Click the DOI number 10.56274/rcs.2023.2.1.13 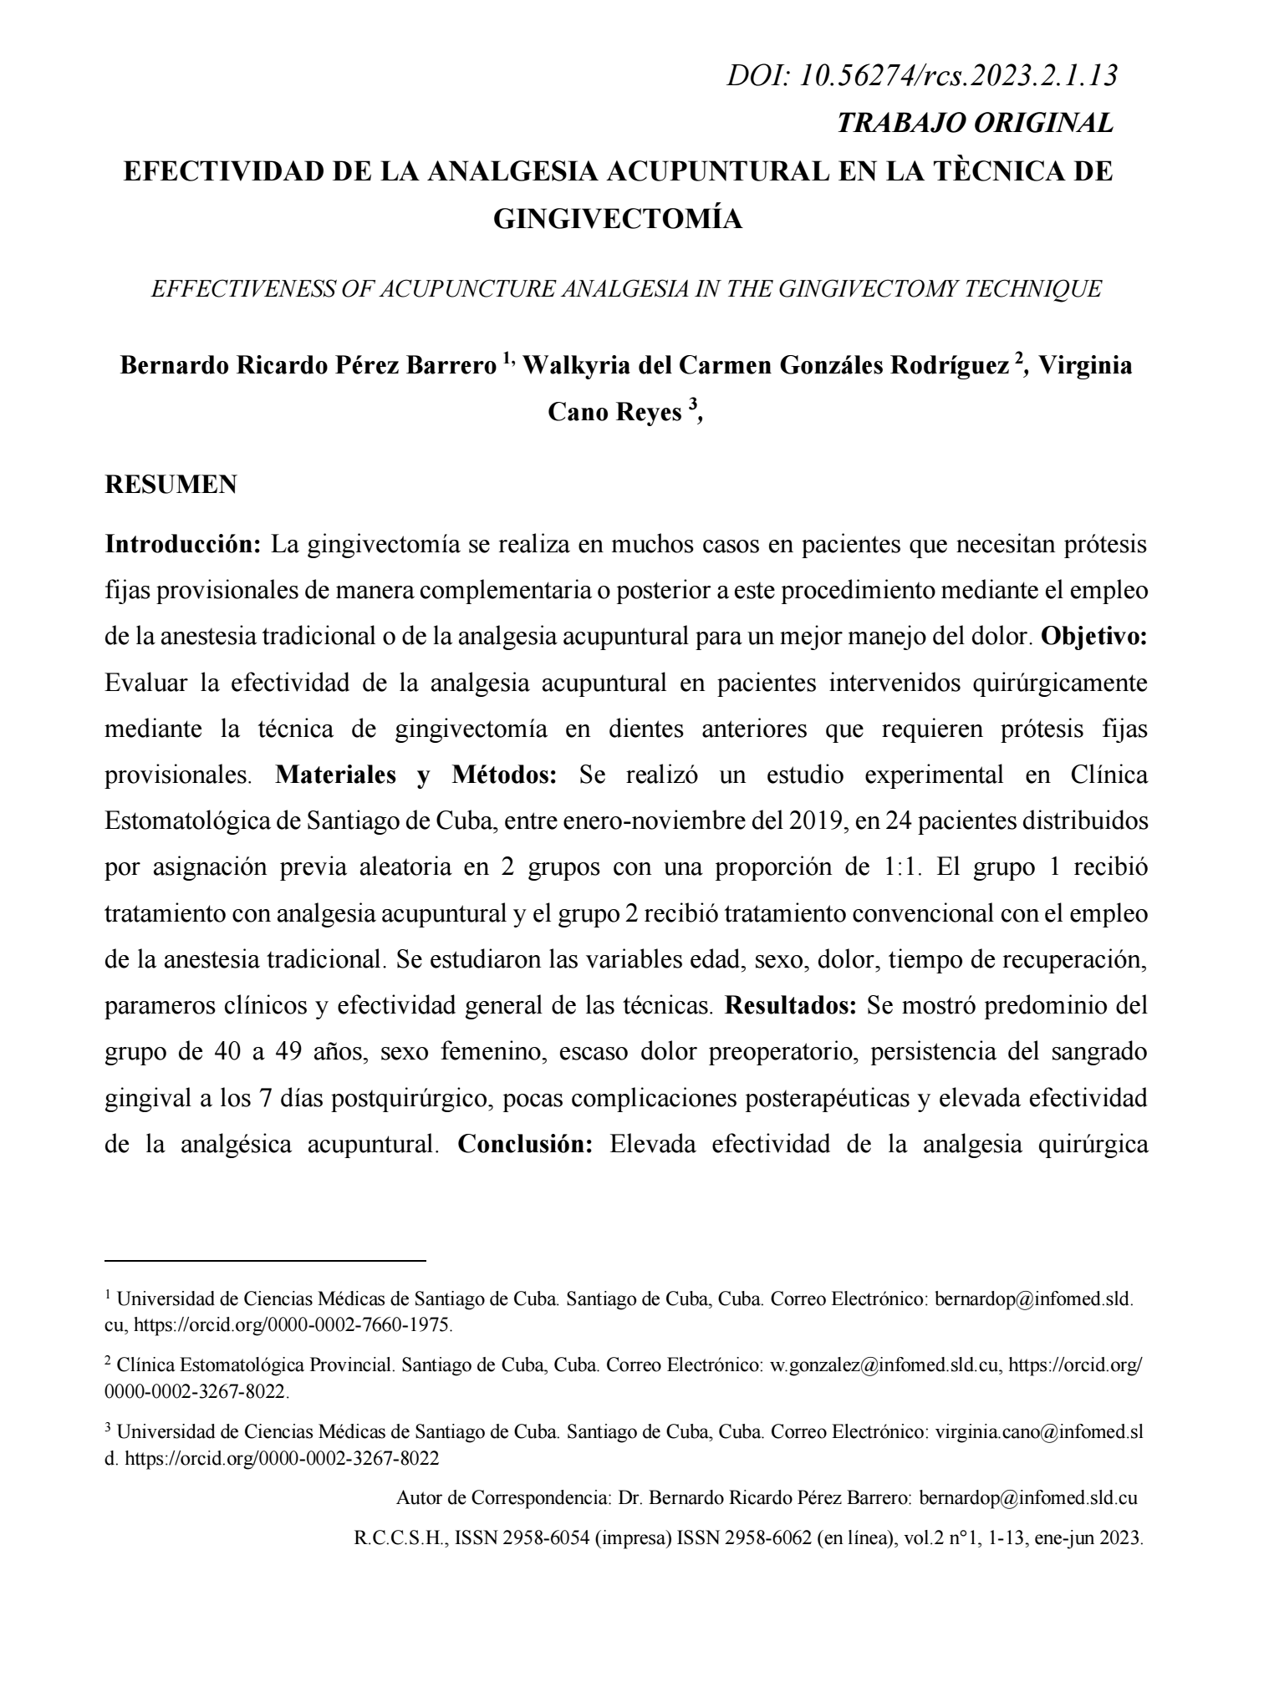click(960, 76)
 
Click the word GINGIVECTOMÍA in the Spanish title click(618, 218)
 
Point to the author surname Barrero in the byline click(451, 367)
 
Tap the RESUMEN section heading click(171, 485)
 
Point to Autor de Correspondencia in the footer click(504, 1497)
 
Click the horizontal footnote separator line click(265, 1259)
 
